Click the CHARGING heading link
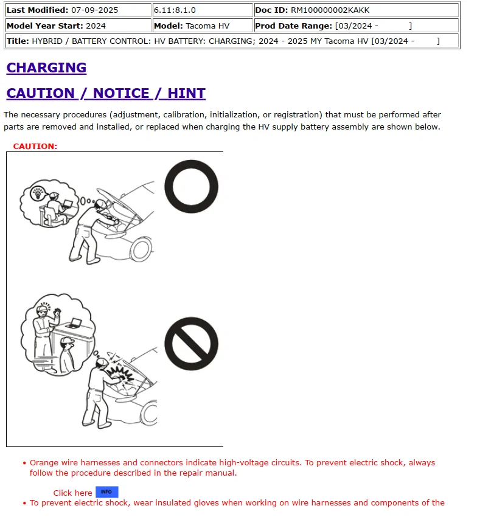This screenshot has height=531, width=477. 46,68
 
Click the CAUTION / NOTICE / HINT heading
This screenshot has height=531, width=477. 106,94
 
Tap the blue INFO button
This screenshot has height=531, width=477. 106,492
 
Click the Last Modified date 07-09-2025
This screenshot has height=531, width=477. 94,10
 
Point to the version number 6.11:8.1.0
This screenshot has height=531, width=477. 175,10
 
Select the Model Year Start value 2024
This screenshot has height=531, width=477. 96,26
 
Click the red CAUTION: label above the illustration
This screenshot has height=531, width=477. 35,147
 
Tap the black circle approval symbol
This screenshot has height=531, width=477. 191,186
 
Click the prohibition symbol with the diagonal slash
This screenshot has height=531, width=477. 191,344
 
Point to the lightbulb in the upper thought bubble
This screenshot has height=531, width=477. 38,193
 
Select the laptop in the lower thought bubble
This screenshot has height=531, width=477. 75,323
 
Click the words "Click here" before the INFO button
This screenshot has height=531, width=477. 72,493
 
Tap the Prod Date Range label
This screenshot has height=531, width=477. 293,26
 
